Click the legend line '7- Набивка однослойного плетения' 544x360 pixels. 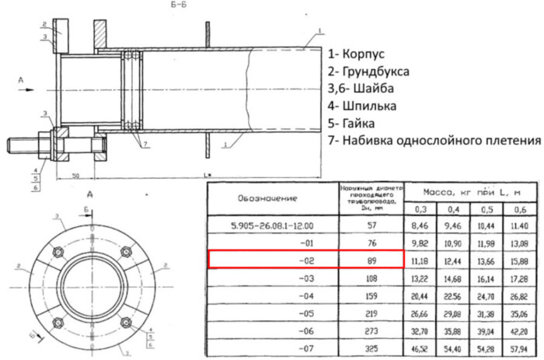(x=434, y=141)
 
